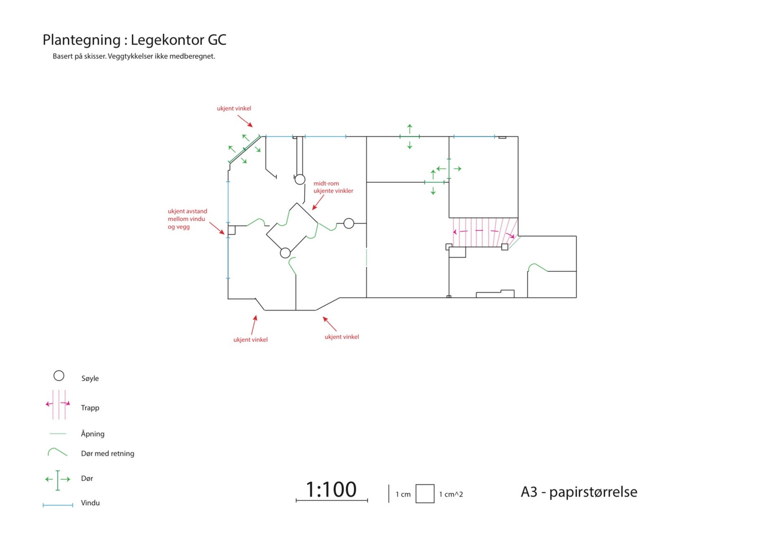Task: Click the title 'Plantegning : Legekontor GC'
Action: [x=134, y=40]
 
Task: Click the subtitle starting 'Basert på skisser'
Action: [x=134, y=56]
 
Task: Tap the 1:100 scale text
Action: [x=331, y=489]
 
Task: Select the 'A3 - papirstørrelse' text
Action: [x=579, y=492]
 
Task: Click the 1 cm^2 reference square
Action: [x=425, y=494]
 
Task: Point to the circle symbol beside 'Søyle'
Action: [x=59, y=376]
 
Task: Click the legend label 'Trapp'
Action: [x=90, y=408]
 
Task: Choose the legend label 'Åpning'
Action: [x=92, y=434]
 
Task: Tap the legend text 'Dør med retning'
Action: [x=108, y=454]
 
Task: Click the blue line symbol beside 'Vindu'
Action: [x=58, y=505]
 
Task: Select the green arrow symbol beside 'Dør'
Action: [x=58, y=480]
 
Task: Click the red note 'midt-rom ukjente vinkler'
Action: [x=333, y=187]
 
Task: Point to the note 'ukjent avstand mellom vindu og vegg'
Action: [x=187, y=219]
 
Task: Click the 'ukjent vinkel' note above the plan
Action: [x=234, y=108]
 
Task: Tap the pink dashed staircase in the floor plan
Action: [x=483, y=232]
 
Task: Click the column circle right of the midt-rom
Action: [x=349, y=223]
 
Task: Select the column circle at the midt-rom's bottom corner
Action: [x=285, y=253]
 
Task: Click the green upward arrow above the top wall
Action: [x=410, y=128]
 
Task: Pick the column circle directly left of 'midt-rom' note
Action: [x=300, y=179]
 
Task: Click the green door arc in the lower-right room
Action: [x=537, y=267]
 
